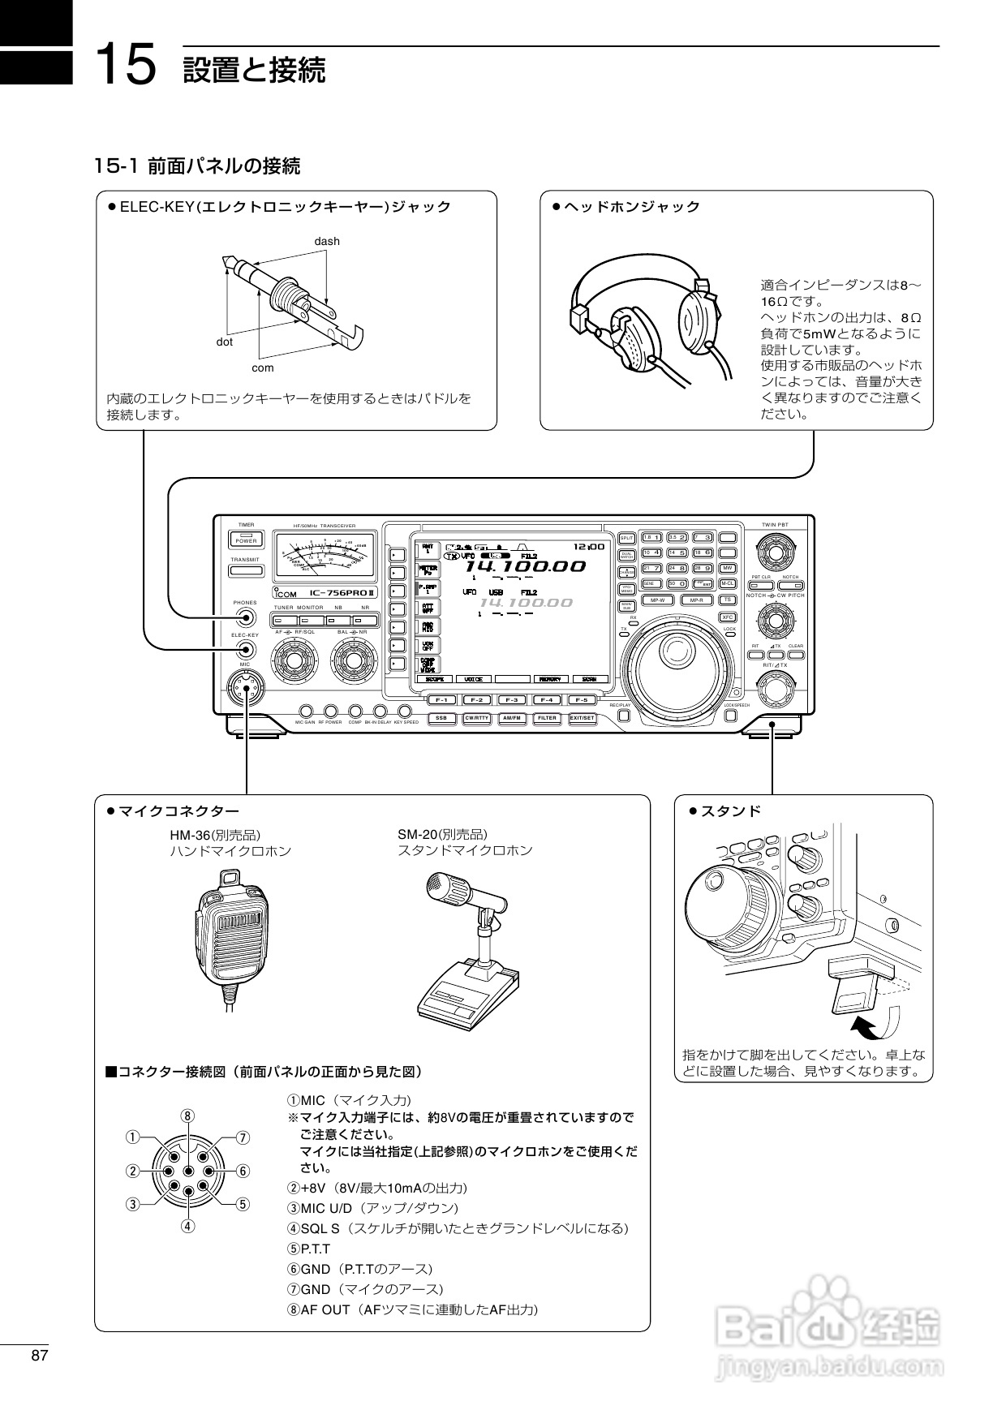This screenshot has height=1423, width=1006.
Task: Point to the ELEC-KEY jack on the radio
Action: pos(245,650)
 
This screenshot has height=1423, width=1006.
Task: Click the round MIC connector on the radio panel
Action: pos(246,689)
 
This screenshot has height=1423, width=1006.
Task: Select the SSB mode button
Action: pos(441,718)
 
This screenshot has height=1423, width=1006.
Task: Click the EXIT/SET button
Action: pos(582,718)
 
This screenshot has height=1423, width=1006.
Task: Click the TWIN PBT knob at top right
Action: pos(775,553)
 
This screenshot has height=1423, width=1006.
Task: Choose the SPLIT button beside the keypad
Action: pos(626,538)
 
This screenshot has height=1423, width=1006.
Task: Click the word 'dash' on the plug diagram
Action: pos(327,241)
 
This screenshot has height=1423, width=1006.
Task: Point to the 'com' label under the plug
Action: pos(263,368)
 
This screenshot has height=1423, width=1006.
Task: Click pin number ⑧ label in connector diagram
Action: pos(187,1116)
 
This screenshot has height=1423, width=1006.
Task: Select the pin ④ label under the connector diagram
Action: pos(187,1226)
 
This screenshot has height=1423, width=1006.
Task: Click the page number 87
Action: pos(40,1356)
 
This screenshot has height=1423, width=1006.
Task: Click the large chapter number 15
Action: pos(125,65)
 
